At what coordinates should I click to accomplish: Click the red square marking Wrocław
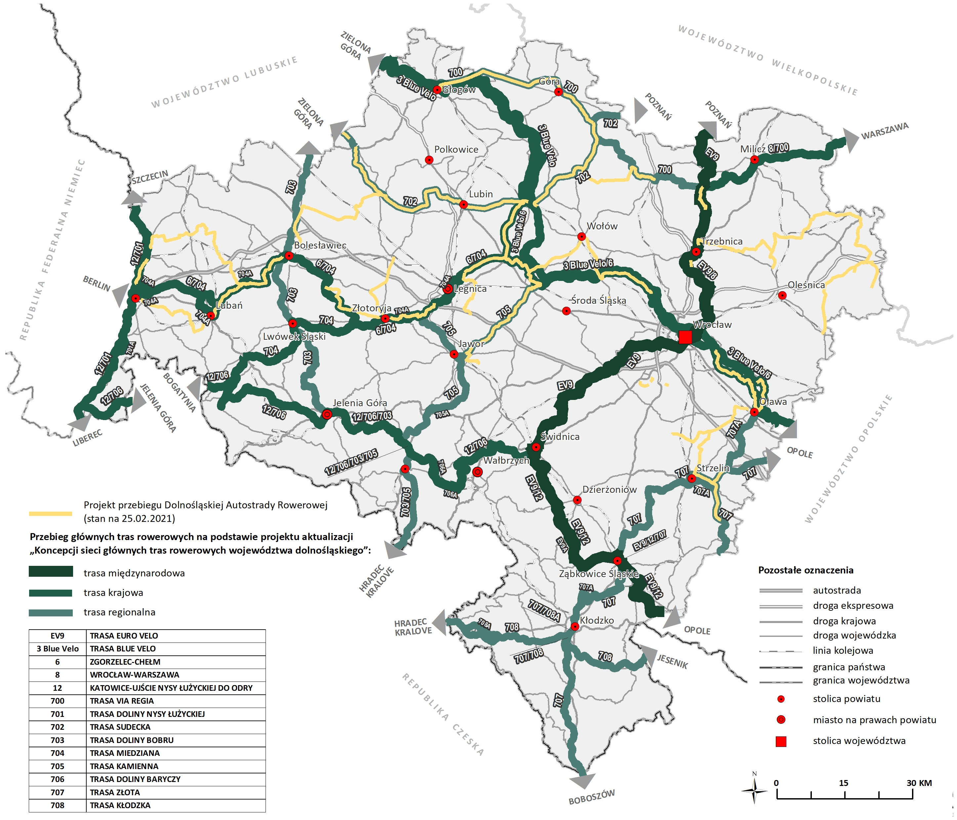[x=685, y=337]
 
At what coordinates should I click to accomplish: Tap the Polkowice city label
[x=456, y=149]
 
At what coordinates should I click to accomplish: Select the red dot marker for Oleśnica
[x=782, y=295]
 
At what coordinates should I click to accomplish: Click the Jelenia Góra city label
[x=360, y=403]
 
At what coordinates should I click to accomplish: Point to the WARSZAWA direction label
[x=885, y=131]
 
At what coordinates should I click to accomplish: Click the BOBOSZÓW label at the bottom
[x=591, y=797]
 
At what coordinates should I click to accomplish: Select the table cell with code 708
[x=57, y=805]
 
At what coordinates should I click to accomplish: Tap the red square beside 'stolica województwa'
[x=780, y=742]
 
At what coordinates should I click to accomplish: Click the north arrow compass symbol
[x=754, y=791]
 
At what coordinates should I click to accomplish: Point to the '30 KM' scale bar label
[x=919, y=783]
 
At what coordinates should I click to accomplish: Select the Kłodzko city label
[x=597, y=620]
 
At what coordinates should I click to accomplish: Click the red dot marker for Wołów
[x=581, y=236]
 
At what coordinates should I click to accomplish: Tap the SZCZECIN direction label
[x=150, y=177]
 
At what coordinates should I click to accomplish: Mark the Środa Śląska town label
[x=599, y=300]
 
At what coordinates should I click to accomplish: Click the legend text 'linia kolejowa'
[x=843, y=650]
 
